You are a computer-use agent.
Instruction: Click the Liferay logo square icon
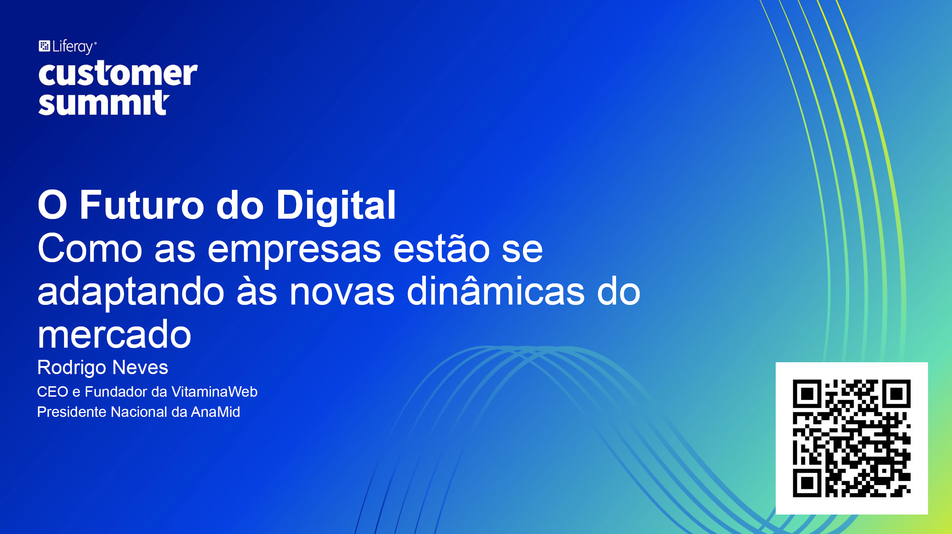coord(45,46)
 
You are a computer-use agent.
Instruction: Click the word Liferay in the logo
coord(73,47)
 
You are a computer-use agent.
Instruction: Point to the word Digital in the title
coord(336,206)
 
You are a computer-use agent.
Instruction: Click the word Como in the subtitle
coord(90,248)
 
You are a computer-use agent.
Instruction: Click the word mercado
coord(114,334)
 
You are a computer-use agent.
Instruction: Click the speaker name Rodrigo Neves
coord(103,367)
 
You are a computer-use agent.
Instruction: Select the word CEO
coord(53,392)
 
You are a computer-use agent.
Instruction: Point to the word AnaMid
coord(216,412)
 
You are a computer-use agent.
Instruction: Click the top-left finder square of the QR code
coord(807,394)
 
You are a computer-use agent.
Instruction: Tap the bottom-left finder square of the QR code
coord(807,483)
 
